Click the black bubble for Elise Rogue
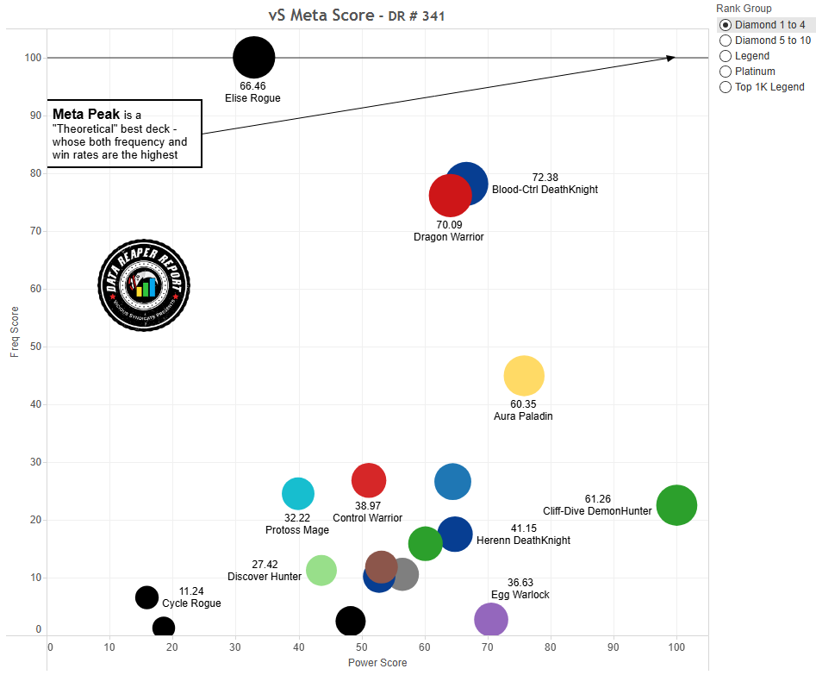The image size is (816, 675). pyautogui.click(x=253, y=58)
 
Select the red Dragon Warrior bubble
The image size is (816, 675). pyautogui.click(x=449, y=197)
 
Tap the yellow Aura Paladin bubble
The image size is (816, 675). pyautogui.click(x=524, y=376)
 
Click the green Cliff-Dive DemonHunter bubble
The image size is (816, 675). pyautogui.click(x=676, y=505)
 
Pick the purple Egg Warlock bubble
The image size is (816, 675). pyautogui.click(x=491, y=619)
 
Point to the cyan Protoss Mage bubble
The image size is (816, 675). pyautogui.click(x=298, y=494)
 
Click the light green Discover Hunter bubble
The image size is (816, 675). pyautogui.click(x=321, y=570)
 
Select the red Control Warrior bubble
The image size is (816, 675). pyautogui.click(x=369, y=480)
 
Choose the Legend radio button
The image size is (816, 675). pyautogui.click(x=726, y=56)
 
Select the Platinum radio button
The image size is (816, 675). pyautogui.click(x=726, y=72)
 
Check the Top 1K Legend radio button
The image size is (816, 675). pyautogui.click(x=726, y=87)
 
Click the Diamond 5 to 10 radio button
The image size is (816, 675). pyautogui.click(x=726, y=41)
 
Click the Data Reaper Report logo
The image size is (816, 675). pyautogui.click(x=144, y=284)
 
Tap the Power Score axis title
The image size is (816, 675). pyautogui.click(x=377, y=663)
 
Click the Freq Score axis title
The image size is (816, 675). pyautogui.click(x=13, y=332)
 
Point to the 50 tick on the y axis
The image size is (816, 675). pyautogui.click(x=35, y=347)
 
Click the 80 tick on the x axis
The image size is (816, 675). pyautogui.click(x=551, y=646)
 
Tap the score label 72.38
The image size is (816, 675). pyautogui.click(x=545, y=177)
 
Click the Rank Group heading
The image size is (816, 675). pyautogui.click(x=744, y=9)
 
